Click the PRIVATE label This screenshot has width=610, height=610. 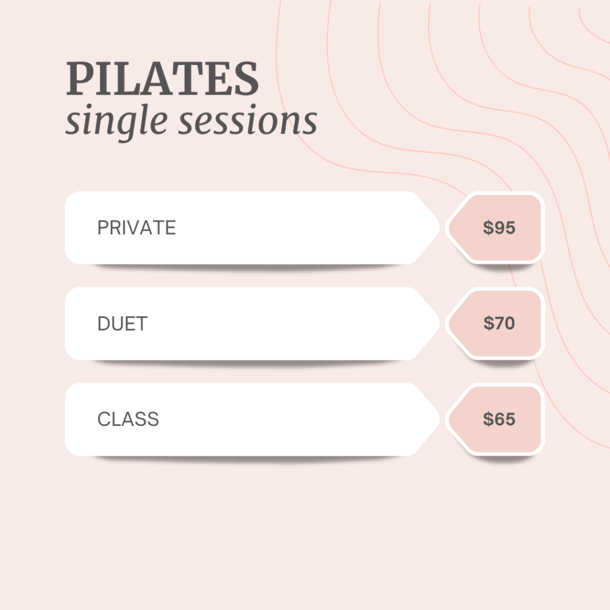(136, 228)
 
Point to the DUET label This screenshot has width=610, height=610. (123, 323)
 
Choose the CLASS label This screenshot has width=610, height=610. (128, 419)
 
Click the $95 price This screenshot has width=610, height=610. (499, 228)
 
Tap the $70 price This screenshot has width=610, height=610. (499, 323)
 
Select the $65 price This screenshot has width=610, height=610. (499, 419)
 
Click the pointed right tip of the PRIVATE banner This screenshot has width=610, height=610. (439, 228)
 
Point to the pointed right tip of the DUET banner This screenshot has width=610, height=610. (439, 323)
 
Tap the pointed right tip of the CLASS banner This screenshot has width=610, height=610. (439, 419)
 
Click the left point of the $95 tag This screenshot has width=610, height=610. (446, 228)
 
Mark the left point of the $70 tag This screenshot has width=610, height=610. (446, 323)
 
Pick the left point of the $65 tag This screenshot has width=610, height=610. (446, 419)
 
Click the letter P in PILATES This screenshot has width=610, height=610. (80, 78)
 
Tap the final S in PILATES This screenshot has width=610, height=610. (247, 78)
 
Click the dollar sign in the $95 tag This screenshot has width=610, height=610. (488, 228)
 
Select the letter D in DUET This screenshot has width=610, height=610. (104, 323)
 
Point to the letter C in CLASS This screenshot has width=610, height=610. (104, 419)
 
